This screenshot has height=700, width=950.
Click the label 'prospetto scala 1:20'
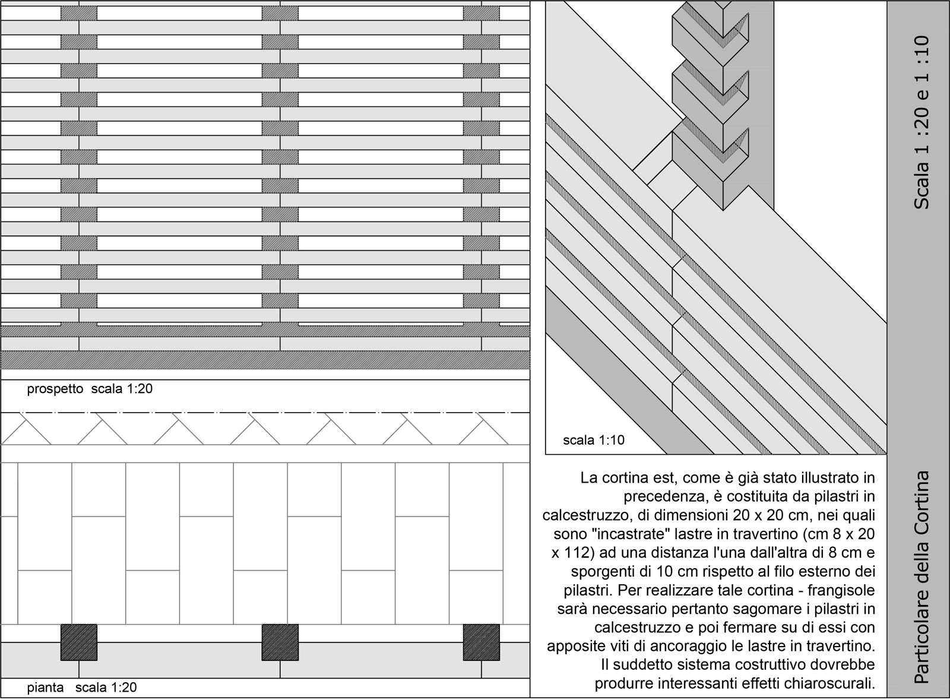click(x=90, y=389)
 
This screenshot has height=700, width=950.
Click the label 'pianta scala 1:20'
click(x=82, y=688)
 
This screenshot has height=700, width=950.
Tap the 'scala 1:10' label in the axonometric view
click(x=594, y=441)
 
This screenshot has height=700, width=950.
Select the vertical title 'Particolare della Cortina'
click(x=921, y=577)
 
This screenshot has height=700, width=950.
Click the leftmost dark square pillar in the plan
click(x=78, y=642)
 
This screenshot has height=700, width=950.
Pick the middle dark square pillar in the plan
click(x=280, y=642)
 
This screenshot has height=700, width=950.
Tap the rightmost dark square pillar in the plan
click(x=481, y=642)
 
